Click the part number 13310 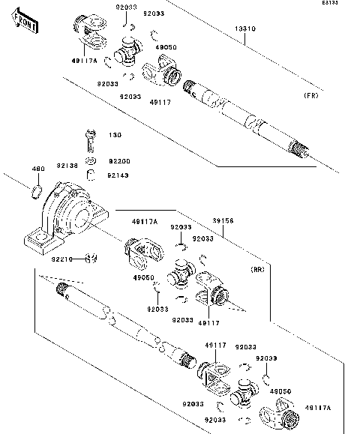246,29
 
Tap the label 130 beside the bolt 115,136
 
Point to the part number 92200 119,161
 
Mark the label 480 38,168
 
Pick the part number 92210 61,259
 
